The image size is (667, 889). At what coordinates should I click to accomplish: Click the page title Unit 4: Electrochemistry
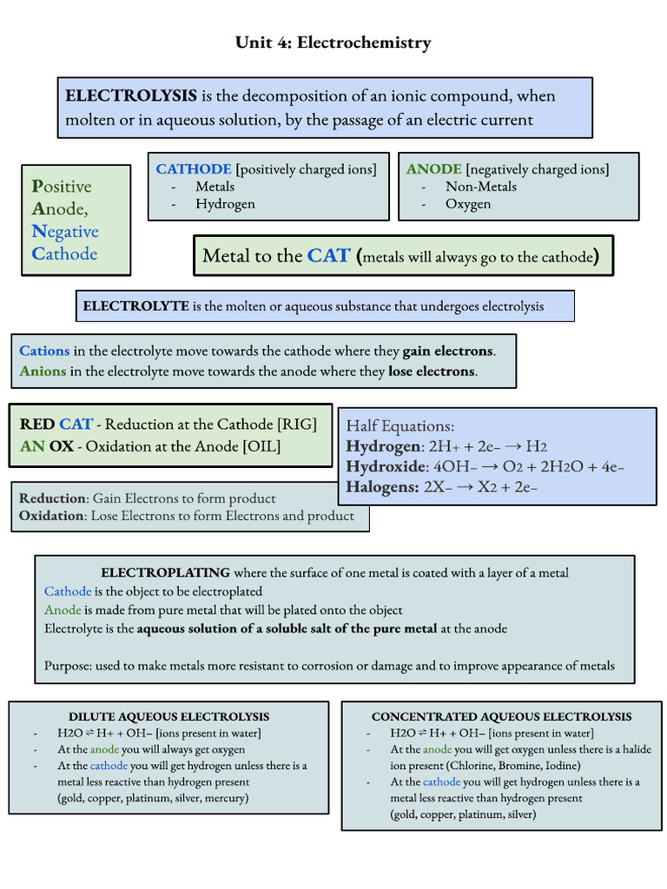click(333, 43)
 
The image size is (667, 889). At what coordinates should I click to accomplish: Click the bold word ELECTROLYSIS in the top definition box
click(131, 95)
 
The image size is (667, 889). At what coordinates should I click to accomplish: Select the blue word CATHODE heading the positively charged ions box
click(194, 169)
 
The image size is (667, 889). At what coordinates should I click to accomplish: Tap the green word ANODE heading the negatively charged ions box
click(434, 169)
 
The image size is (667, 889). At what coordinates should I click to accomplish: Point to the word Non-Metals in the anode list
click(481, 187)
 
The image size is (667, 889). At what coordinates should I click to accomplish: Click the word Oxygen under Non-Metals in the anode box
click(468, 204)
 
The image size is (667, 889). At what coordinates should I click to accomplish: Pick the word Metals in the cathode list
click(215, 187)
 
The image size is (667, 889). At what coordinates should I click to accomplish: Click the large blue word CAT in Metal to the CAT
click(329, 256)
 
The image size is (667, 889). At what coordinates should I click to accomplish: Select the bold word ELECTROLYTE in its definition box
click(135, 306)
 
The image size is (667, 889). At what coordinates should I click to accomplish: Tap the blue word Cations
click(44, 351)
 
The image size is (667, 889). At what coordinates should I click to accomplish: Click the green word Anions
click(43, 372)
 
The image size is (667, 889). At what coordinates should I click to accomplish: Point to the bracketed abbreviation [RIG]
click(297, 425)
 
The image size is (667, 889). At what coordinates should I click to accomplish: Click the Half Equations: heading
click(400, 426)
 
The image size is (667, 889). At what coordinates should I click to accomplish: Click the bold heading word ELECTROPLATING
click(166, 573)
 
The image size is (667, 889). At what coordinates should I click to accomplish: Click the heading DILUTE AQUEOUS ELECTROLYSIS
click(168, 717)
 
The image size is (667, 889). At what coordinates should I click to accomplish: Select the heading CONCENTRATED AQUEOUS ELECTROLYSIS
click(501, 717)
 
